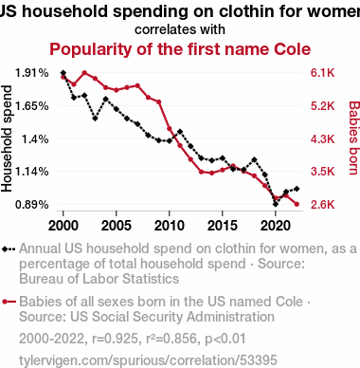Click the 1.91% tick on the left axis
click(32, 73)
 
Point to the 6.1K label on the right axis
click(322, 73)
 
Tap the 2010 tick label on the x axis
click(170, 226)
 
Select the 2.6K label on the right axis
click(322, 205)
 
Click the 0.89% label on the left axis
click(32, 205)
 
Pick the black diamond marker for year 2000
click(63, 73)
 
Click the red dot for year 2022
click(297, 204)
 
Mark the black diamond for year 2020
click(276, 204)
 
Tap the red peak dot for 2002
click(84, 73)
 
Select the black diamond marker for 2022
click(297, 189)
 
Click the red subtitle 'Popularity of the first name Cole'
click(180, 49)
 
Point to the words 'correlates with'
click(180, 29)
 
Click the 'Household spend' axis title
click(7, 138)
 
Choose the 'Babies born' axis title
click(353, 138)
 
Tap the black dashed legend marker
click(9, 249)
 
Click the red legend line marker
click(9, 302)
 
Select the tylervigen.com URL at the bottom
click(148, 360)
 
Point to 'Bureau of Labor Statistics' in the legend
click(99, 279)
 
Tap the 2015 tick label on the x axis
click(223, 226)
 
